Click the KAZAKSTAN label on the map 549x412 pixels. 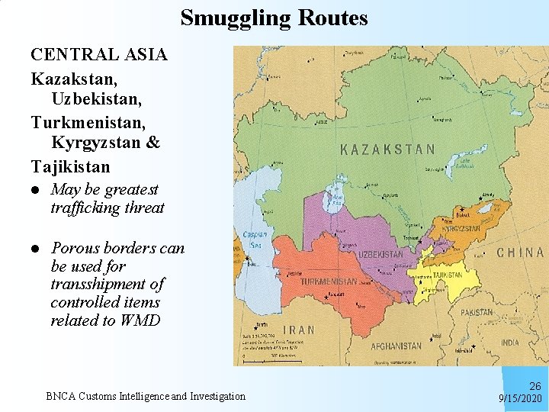pos(388,150)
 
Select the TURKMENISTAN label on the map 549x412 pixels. pos(329,282)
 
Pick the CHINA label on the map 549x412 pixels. pos(520,253)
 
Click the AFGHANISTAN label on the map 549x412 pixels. pos(396,346)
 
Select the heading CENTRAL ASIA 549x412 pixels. pos(99,55)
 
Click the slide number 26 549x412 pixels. pos(535,387)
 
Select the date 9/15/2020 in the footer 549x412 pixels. pos(521,399)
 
